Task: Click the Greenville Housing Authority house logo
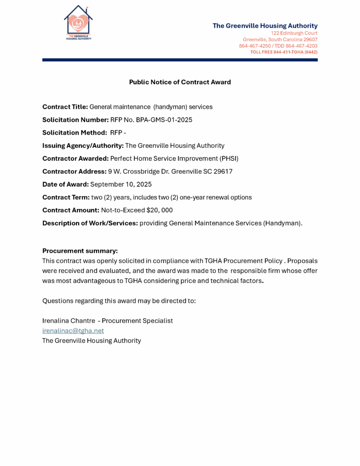click(78, 23)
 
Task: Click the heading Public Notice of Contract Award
click(180, 82)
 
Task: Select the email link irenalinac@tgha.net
click(73, 331)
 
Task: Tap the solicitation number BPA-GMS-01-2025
click(154, 120)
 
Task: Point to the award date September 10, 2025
click(121, 184)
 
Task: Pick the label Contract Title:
click(65, 107)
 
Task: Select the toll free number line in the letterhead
click(284, 52)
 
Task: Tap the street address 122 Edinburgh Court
click(294, 33)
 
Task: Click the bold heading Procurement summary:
click(80, 251)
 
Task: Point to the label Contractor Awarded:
click(76, 158)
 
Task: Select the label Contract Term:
click(66, 198)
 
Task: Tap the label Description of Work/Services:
click(90, 223)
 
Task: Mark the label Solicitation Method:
click(74, 132)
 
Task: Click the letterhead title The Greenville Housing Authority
click(265, 25)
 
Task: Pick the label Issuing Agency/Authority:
click(83, 146)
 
